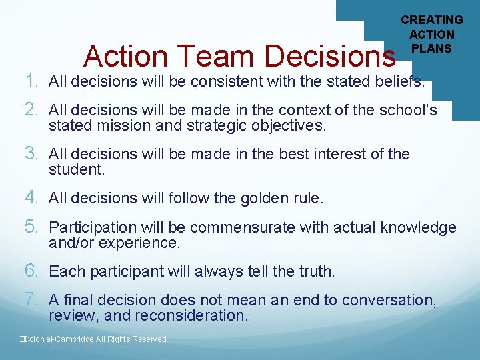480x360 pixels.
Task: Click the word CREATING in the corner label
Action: pyautogui.click(x=432, y=20)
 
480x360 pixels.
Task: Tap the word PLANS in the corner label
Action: pyautogui.click(x=431, y=48)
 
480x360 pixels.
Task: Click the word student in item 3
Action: pyautogui.click(x=77, y=169)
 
